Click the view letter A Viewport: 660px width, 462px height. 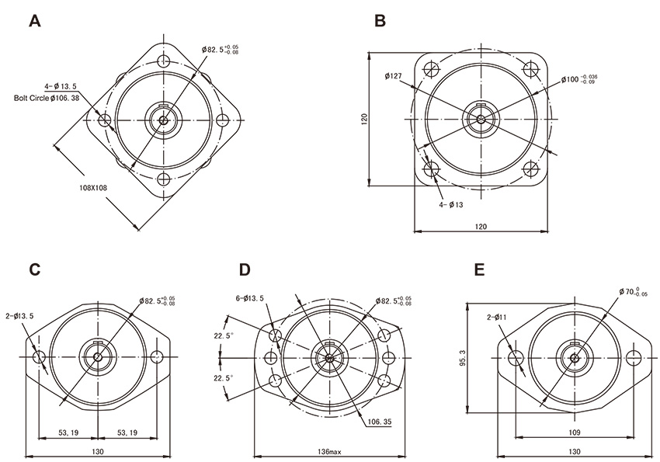click(x=34, y=21)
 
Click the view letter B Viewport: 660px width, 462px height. click(x=380, y=21)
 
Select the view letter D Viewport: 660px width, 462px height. click(x=245, y=269)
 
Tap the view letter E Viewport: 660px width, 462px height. click(x=479, y=269)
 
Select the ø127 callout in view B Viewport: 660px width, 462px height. click(x=392, y=76)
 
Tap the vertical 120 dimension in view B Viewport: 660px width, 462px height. click(x=364, y=119)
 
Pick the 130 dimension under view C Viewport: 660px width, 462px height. click(x=98, y=451)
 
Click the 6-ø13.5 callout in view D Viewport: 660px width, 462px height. click(x=249, y=297)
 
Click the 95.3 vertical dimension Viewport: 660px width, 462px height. click(x=464, y=359)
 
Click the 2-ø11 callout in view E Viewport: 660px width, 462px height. click(x=498, y=317)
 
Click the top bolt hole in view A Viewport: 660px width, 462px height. click(x=164, y=61)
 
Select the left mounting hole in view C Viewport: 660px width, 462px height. click(x=40, y=356)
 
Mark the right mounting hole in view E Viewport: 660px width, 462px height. click(x=634, y=357)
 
